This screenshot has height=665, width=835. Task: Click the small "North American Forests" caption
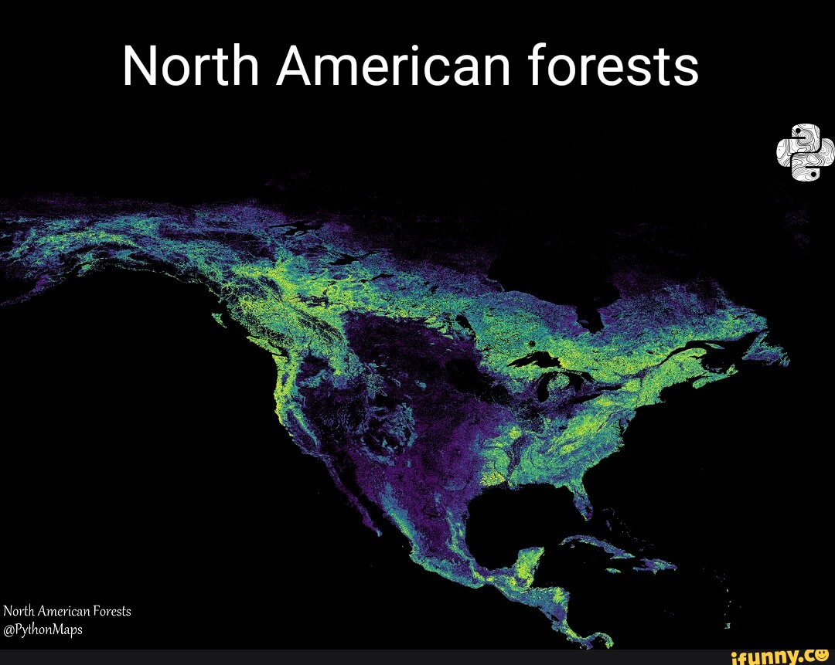(x=67, y=611)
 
